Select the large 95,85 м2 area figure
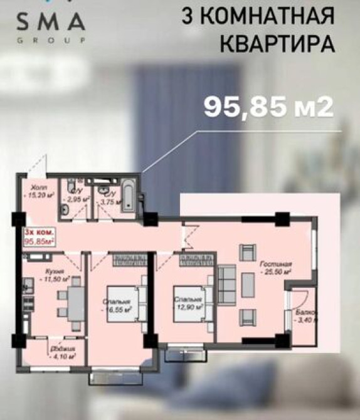pos(268,106)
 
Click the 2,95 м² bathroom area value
pos(80,199)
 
